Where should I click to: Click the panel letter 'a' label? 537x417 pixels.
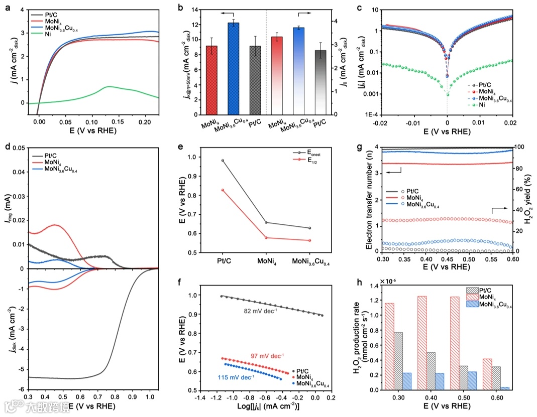[x=8, y=8]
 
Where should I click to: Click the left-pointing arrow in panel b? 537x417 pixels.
[x=228, y=15]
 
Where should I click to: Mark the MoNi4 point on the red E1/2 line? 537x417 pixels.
[x=266, y=238]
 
